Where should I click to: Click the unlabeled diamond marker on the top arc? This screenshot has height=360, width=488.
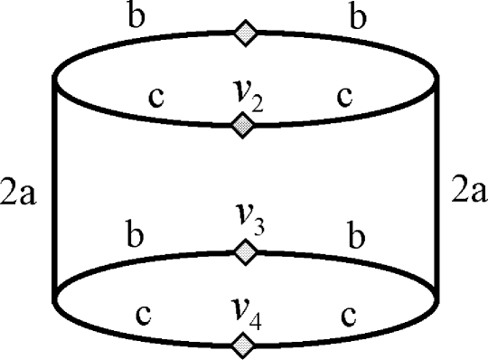(245, 33)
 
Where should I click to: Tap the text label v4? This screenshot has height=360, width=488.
(245, 316)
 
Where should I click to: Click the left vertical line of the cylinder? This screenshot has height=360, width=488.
(56, 190)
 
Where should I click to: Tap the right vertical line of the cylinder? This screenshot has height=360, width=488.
(438, 190)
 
